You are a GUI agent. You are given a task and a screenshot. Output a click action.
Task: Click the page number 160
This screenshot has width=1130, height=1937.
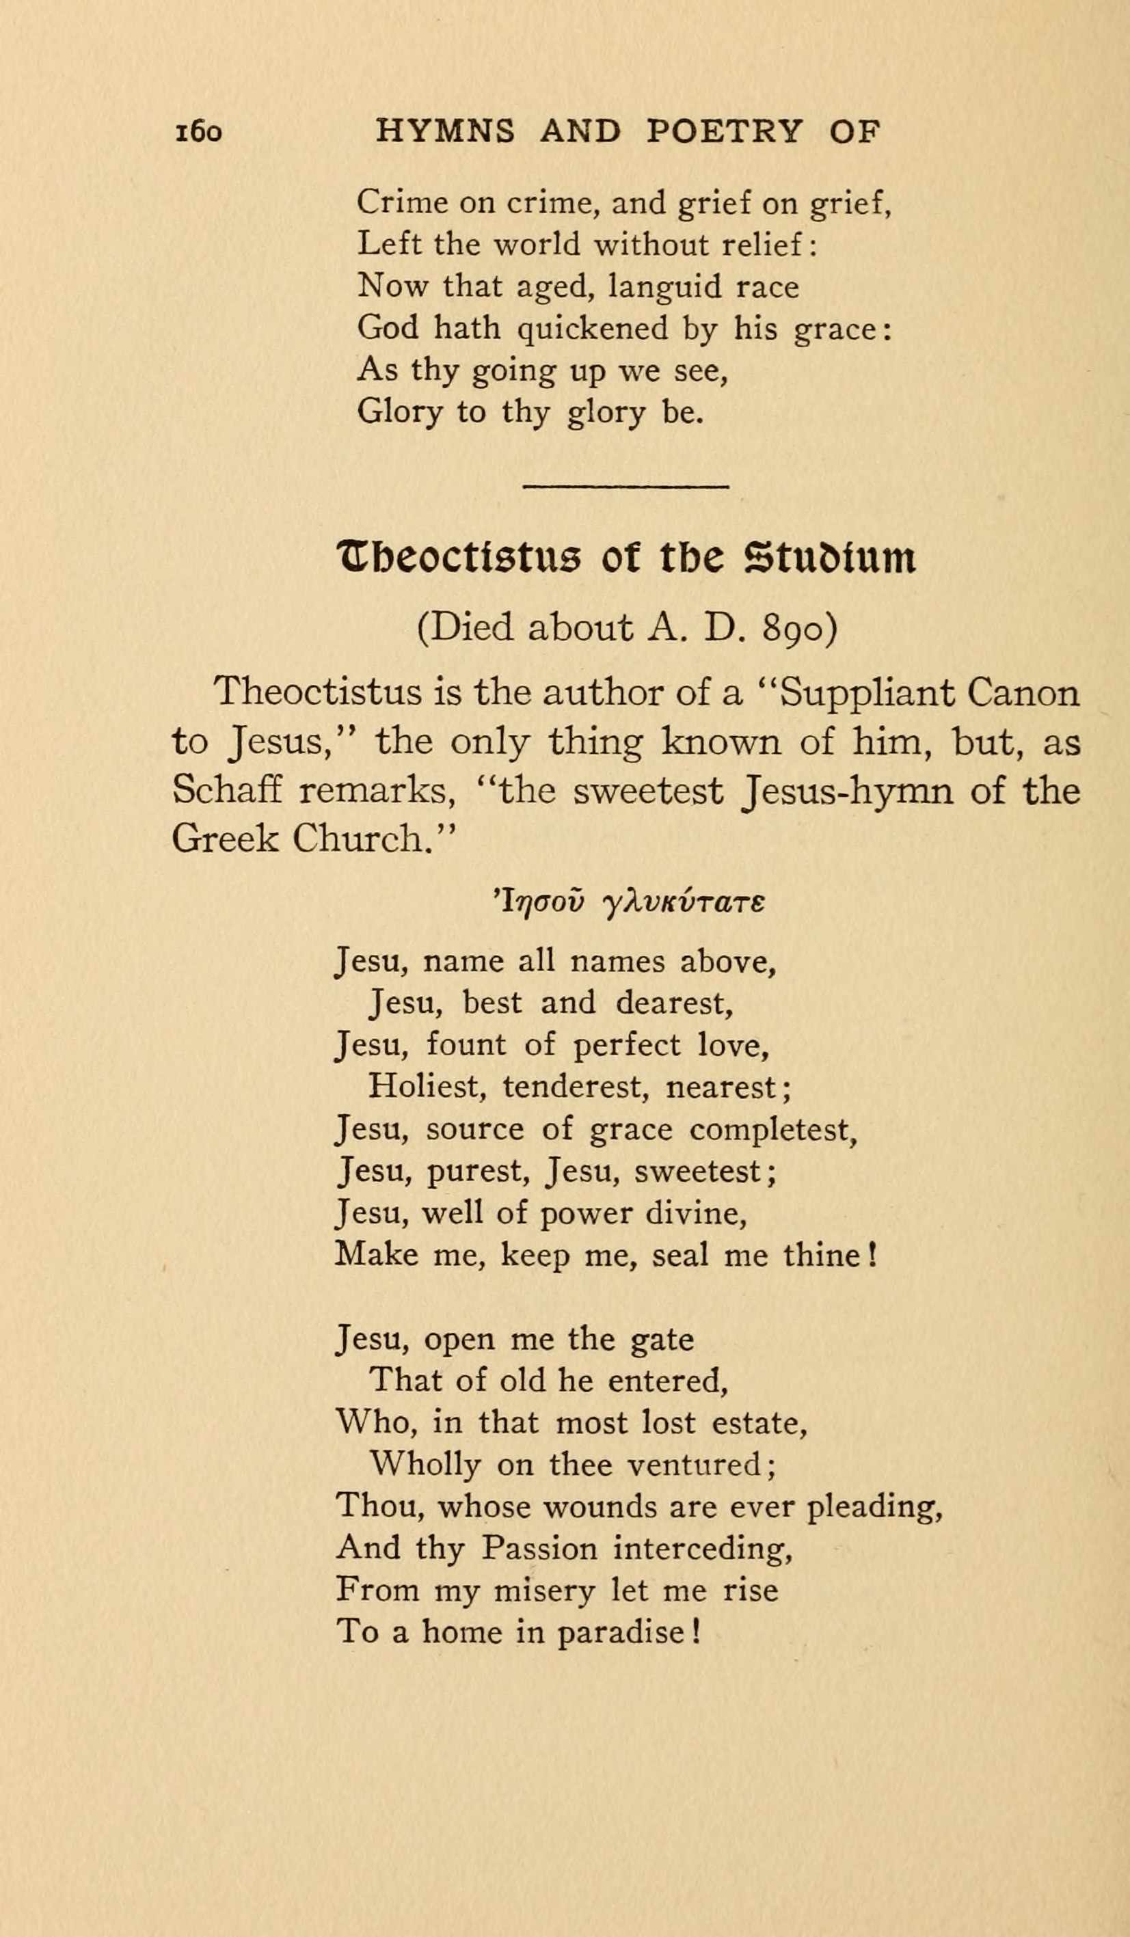point(199,132)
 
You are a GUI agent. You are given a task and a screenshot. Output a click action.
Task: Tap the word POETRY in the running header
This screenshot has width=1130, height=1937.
point(724,132)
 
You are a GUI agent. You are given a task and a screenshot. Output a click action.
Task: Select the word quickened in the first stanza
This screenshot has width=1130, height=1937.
point(593,329)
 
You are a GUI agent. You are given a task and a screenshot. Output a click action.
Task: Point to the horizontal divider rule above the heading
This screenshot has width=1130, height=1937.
point(625,486)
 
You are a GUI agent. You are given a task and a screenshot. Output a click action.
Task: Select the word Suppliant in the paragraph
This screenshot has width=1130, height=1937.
point(868,692)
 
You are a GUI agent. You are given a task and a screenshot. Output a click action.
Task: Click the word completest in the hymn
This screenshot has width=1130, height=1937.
point(772,1129)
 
